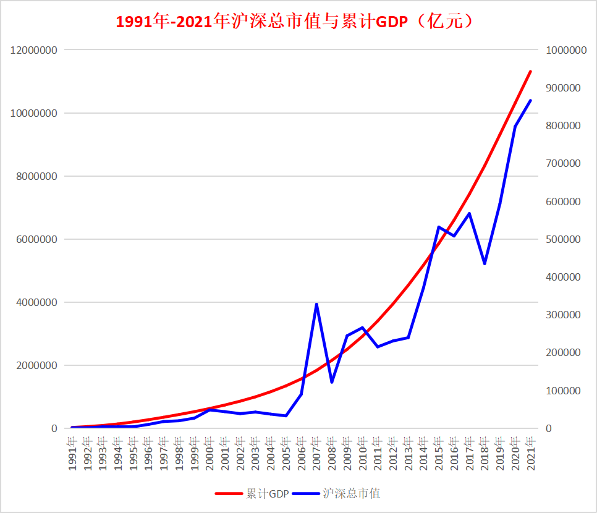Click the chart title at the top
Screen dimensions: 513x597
coord(295,22)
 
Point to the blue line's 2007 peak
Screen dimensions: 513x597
coord(316,304)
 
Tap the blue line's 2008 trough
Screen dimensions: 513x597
coord(332,382)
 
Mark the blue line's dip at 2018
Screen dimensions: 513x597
coord(485,263)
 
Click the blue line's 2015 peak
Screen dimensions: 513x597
coord(439,227)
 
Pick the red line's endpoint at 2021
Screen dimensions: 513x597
coord(530,72)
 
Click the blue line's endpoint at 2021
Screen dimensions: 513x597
coord(530,100)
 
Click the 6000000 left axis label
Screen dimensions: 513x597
coord(37,239)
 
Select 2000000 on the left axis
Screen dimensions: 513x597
coord(37,365)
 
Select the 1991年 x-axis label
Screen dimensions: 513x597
coord(73,454)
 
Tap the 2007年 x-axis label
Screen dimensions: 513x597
coord(316,454)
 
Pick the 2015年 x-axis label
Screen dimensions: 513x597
coord(439,454)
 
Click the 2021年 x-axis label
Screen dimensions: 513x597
coord(530,454)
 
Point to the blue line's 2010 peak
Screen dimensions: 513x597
coord(362,328)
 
